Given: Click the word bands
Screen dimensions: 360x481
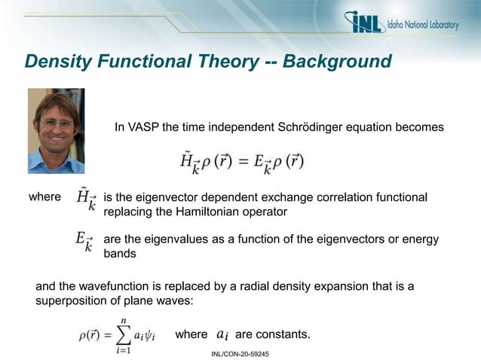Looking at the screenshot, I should (x=120, y=254).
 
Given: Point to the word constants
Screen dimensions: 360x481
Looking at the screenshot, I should (x=284, y=334).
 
